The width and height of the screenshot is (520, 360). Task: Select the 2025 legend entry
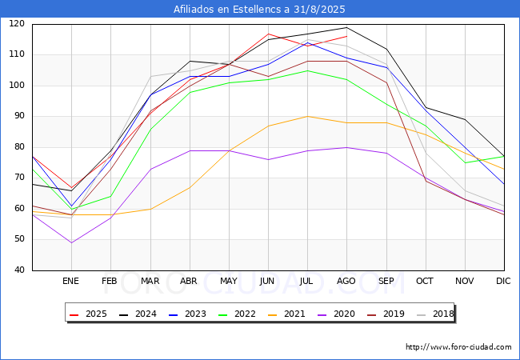(88, 314)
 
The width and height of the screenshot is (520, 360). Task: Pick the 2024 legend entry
(138, 314)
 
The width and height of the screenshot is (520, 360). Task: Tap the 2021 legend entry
(286, 314)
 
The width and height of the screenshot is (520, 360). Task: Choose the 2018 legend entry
(435, 314)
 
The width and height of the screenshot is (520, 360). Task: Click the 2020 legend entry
(336, 314)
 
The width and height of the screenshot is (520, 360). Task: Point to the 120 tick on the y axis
(17, 23)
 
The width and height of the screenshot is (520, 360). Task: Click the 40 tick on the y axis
(19, 270)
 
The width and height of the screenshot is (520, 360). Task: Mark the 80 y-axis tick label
(19, 146)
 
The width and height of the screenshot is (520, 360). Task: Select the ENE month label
(70, 281)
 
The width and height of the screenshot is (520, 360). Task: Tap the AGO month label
(346, 281)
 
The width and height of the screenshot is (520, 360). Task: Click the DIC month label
(503, 281)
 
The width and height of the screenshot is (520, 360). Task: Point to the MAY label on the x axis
(229, 281)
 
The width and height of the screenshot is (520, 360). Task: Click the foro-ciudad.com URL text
(458, 347)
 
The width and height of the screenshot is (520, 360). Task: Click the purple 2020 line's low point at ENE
(72, 242)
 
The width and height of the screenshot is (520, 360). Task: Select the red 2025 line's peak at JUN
(268, 34)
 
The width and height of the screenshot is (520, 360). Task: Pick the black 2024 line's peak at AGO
(347, 27)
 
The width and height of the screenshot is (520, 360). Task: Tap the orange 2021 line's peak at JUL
(308, 116)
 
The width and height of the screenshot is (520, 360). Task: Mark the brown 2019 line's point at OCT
(426, 181)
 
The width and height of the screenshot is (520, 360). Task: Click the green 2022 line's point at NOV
(466, 162)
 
